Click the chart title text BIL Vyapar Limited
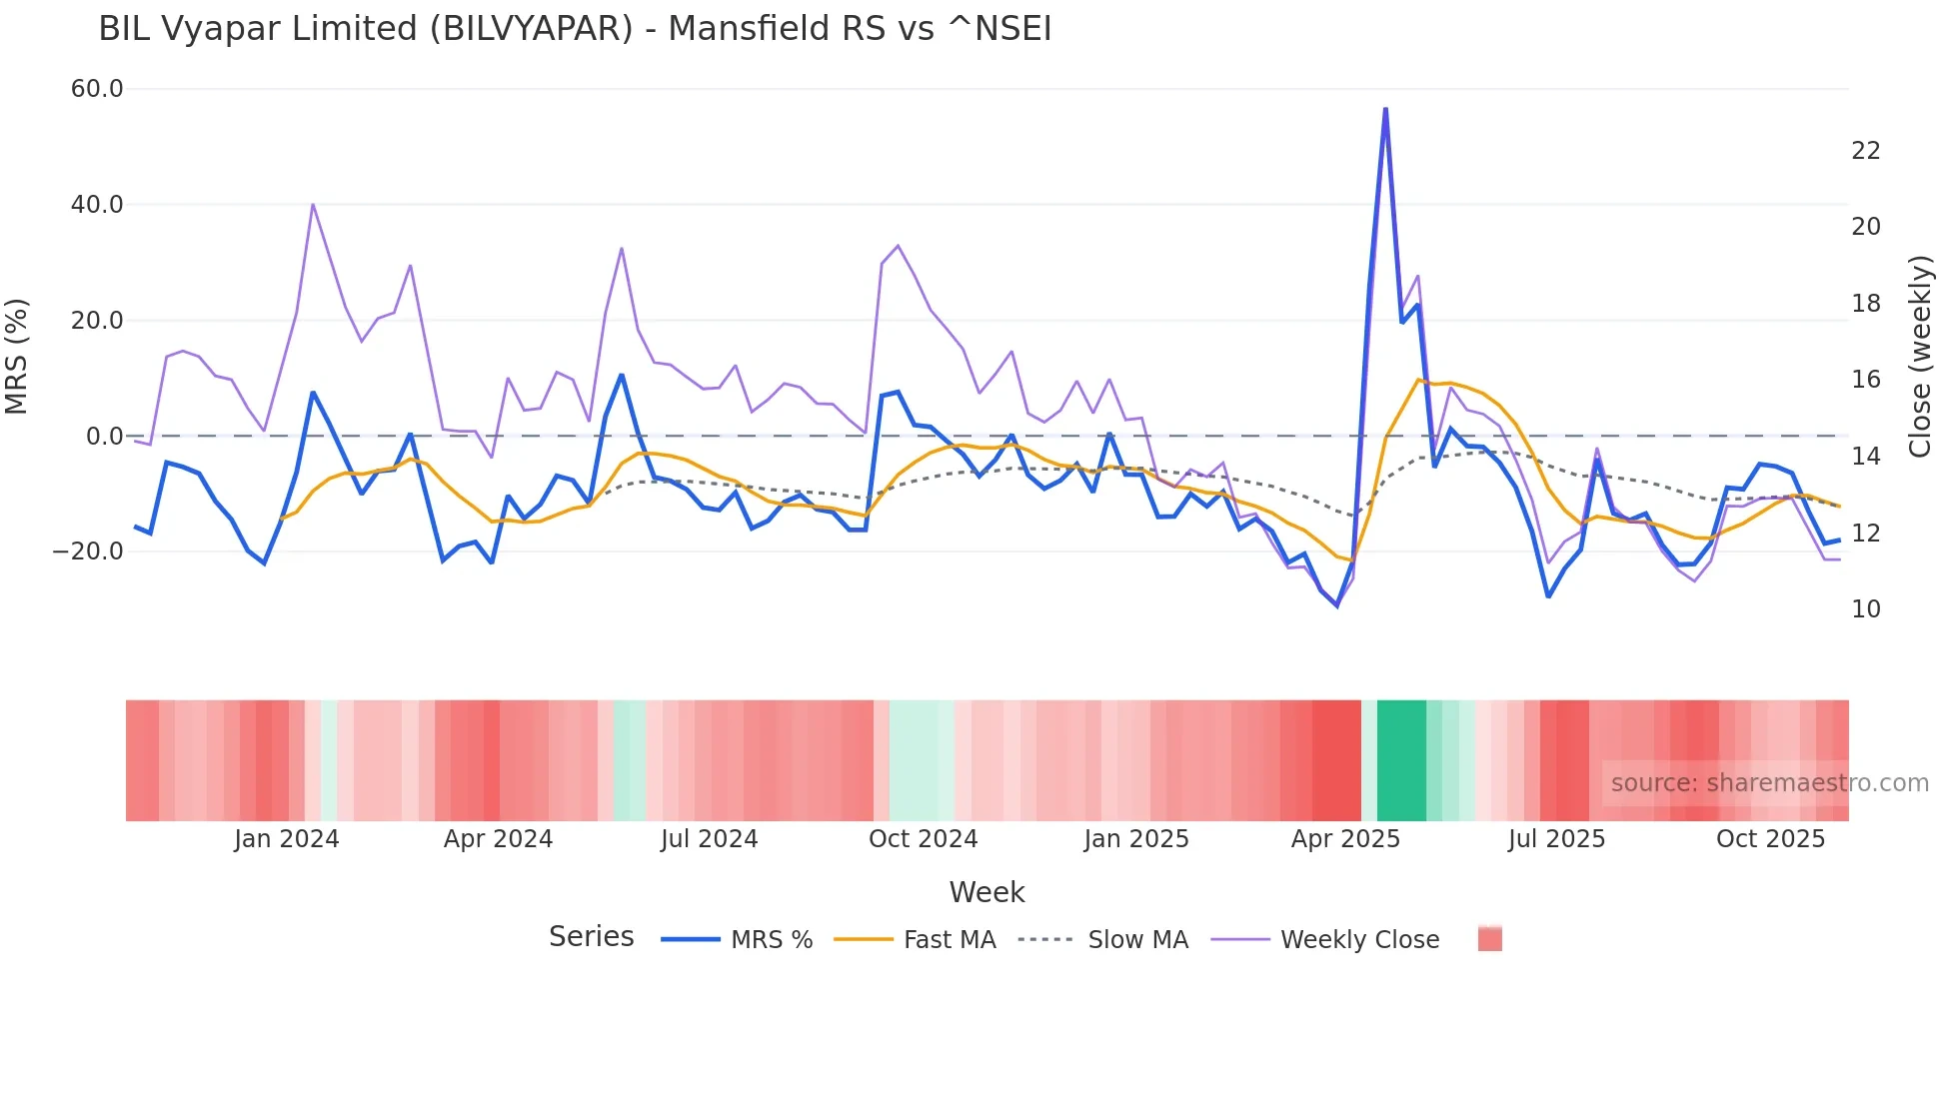pos(575,29)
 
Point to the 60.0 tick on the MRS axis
pos(97,89)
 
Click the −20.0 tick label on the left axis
pos(88,551)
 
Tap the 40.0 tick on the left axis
pos(97,205)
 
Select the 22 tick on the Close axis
pos(1865,151)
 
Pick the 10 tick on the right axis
pos(1865,609)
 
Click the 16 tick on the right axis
pos(1865,380)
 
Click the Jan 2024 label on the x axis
pos(287,839)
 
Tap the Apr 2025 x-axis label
pos(1345,839)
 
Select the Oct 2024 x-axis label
pos(923,839)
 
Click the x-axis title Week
pos(986,892)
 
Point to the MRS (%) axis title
pos(17,357)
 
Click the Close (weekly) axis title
pos(1920,357)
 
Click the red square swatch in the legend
pos(1489,939)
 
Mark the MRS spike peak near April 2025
pos(1385,109)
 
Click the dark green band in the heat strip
pos(1401,760)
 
